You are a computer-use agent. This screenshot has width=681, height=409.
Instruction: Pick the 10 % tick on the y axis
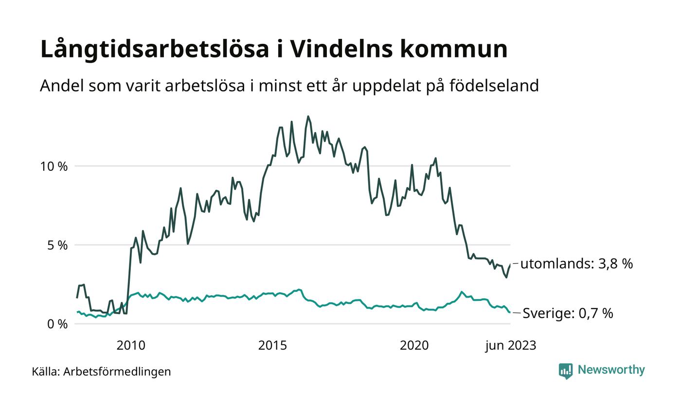pyautogui.click(x=54, y=166)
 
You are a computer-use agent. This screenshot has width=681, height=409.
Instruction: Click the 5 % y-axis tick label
pyautogui.click(x=56, y=245)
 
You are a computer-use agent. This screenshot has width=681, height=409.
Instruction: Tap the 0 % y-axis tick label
pyautogui.click(x=56, y=324)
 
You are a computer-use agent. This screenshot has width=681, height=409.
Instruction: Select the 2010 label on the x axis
pyautogui.click(x=131, y=346)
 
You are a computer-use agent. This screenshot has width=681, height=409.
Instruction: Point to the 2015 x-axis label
pyautogui.click(x=272, y=346)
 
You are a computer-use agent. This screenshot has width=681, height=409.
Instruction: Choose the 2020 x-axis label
pyautogui.click(x=414, y=346)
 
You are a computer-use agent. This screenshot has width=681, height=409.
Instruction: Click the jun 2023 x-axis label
pyautogui.click(x=510, y=346)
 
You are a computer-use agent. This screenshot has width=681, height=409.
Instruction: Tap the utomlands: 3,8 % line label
pyautogui.click(x=576, y=264)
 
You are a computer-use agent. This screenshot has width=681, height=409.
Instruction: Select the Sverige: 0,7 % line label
pyautogui.click(x=568, y=313)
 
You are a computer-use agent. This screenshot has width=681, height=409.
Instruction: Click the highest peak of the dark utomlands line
pyautogui.click(x=308, y=116)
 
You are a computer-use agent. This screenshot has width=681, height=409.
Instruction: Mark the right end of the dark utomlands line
pyautogui.click(x=510, y=264)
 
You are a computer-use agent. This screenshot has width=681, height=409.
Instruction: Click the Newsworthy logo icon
pyautogui.click(x=566, y=371)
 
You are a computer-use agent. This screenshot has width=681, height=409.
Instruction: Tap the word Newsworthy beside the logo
pyautogui.click(x=611, y=370)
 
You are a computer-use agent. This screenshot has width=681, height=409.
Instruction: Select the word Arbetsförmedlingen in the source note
pyautogui.click(x=117, y=372)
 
